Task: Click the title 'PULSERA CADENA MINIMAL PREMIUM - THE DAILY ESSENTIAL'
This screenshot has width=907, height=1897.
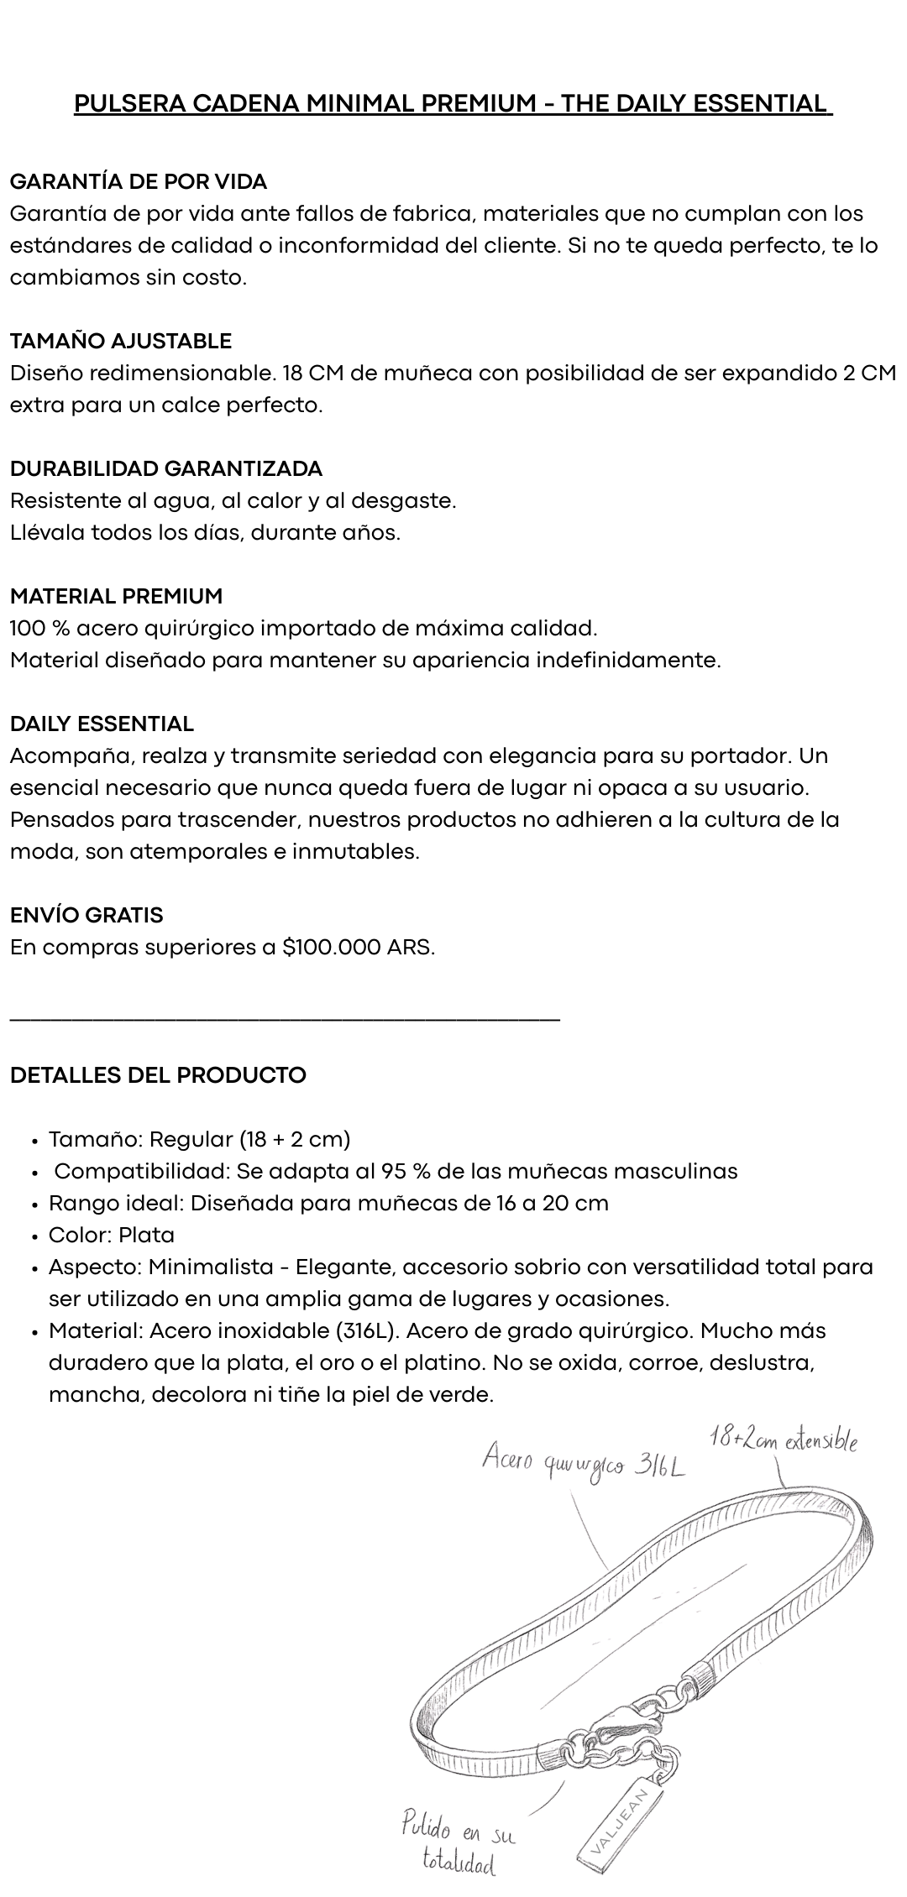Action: (x=453, y=103)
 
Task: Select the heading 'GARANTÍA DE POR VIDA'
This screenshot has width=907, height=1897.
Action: (x=139, y=181)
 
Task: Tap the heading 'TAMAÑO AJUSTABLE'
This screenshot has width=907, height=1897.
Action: (x=121, y=341)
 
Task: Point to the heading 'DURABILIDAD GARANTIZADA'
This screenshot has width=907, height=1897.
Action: (x=166, y=468)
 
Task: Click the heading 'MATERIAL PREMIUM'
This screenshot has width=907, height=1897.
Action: (x=117, y=596)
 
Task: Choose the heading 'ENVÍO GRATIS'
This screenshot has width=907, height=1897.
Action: (x=87, y=915)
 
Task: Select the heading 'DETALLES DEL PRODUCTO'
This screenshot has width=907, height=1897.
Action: (x=158, y=1075)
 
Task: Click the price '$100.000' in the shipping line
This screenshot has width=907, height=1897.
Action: (x=331, y=948)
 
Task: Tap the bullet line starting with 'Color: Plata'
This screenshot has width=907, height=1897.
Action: (x=112, y=1235)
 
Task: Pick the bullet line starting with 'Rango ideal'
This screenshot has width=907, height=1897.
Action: (x=328, y=1203)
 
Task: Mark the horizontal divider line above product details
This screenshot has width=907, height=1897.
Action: (x=285, y=1019)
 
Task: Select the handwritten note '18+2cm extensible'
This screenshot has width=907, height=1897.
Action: (x=783, y=1440)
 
